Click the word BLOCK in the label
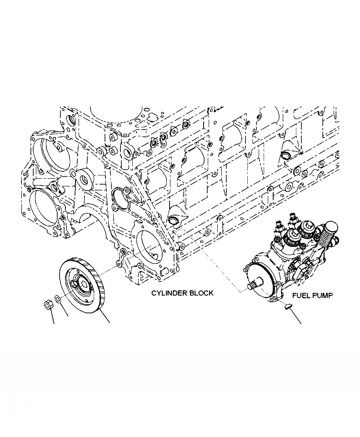point(201,293)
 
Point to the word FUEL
point(302,296)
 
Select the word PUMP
point(323,296)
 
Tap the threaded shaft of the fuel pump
point(251,286)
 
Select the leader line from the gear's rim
point(105,318)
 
